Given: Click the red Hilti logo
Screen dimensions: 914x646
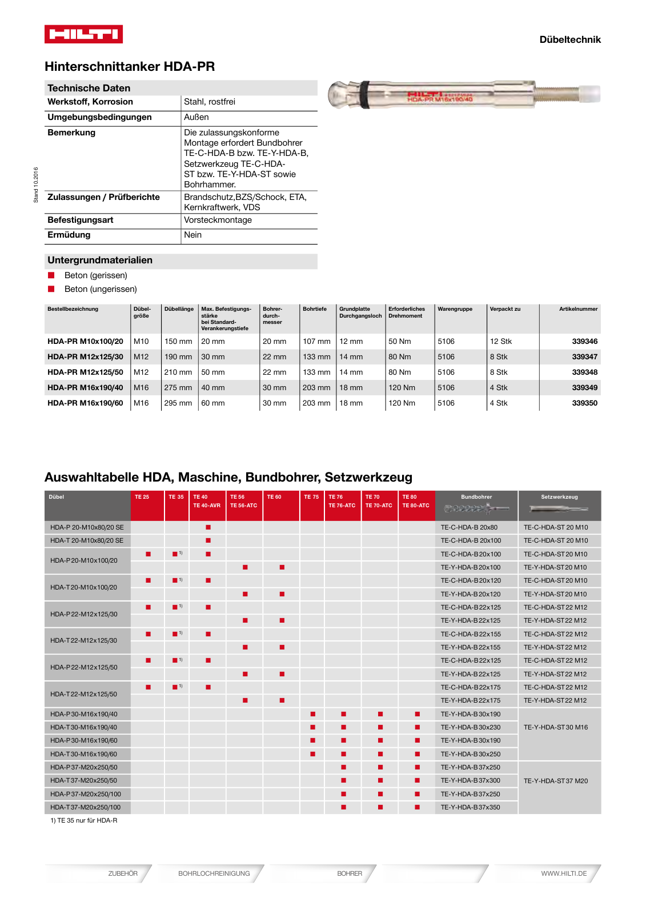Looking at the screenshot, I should [x=83, y=34].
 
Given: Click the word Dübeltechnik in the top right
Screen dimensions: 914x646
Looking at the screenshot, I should [x=569, y=39].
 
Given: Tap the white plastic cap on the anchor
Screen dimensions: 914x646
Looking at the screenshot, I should [x=592, y=94].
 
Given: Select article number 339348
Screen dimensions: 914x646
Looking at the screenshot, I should [x=584, y=372].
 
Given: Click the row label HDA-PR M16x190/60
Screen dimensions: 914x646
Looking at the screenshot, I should [x=85, y=403].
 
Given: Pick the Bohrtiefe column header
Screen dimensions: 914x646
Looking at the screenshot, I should [x=315, y=309].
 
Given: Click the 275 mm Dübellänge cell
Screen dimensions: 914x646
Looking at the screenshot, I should [x=178, y=387].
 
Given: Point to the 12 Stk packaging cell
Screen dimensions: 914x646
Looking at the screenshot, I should [x=500, y=341].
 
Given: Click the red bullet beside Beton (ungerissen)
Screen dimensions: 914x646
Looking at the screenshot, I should [x=51, y=289].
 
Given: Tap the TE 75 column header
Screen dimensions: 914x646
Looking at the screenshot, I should [x=311, y=497].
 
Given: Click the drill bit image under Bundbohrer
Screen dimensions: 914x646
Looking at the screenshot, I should [x=476, y=508].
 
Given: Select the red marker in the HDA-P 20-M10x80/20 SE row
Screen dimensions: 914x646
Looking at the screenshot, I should [x=208, y=527].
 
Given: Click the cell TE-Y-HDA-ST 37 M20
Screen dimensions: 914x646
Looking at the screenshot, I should [x=555, y=781].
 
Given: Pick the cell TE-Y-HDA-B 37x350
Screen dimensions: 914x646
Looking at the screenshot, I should [x=470, y=807].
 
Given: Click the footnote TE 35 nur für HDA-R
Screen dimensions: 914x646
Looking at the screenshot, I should [x=84, y=820].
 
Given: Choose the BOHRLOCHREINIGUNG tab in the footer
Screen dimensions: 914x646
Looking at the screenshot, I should [x=214, y=873].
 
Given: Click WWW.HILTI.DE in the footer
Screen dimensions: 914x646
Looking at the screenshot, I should [x=564, y=873].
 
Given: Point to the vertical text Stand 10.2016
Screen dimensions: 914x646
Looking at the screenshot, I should [x=35, y=185].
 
